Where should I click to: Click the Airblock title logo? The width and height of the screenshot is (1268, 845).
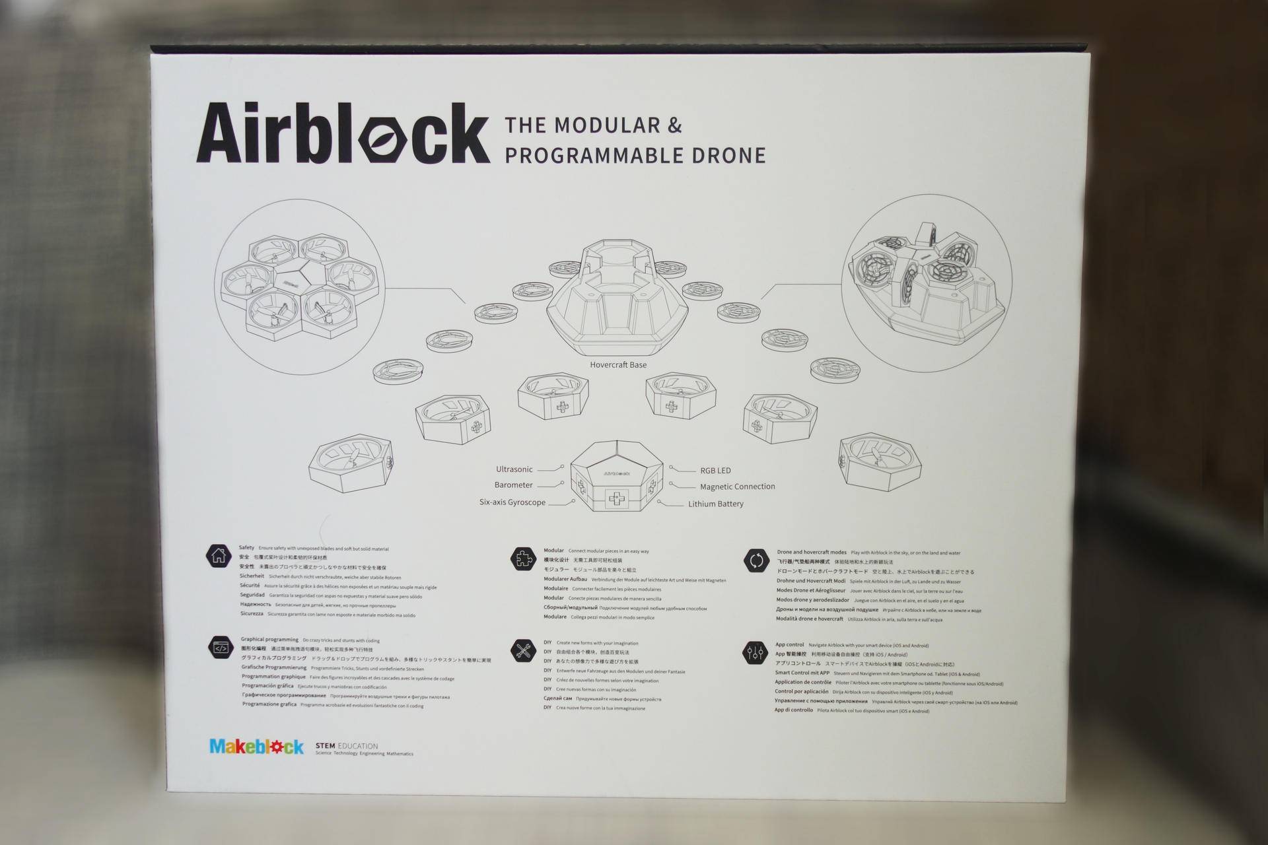(343, 134)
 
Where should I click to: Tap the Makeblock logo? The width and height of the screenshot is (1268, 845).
(256, 747)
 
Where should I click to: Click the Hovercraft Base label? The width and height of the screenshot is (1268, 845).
(618, 365)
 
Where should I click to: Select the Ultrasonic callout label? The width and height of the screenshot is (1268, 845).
(514, 469)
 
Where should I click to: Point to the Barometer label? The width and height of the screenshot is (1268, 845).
(513, 485)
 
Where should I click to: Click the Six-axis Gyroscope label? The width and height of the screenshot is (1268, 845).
(512, 502)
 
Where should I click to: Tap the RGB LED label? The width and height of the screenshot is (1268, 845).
(715, 471)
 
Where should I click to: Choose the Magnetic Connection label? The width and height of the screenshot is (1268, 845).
(737, 487)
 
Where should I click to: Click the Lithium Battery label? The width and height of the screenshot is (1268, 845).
(715, 504)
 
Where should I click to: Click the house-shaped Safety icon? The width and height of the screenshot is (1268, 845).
(219, 556)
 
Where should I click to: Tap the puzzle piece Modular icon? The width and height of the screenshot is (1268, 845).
(523, 558)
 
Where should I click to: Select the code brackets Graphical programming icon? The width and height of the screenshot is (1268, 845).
(221, 648)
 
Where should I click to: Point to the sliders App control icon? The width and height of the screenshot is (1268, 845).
(754, 653)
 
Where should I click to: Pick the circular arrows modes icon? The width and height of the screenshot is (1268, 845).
(756, 561)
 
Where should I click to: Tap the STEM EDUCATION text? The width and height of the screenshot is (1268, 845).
(347, 746)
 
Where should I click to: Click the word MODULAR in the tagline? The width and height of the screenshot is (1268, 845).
(607, 125)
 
